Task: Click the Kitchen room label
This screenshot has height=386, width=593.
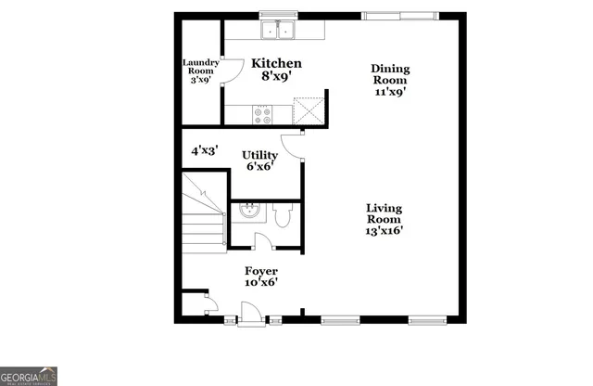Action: click(x=278, y=64)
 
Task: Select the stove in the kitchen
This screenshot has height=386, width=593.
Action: click(x=263, y=115)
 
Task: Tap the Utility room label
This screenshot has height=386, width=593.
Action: click(x=260, y=154)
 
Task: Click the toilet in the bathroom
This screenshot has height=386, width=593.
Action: click(x=284, y=217)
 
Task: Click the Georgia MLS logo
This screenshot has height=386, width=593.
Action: click(x=29, y=376)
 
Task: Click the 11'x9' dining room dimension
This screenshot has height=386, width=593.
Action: click(x=390, y=92)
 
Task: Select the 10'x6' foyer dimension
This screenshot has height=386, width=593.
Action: click(x=260, y=282)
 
